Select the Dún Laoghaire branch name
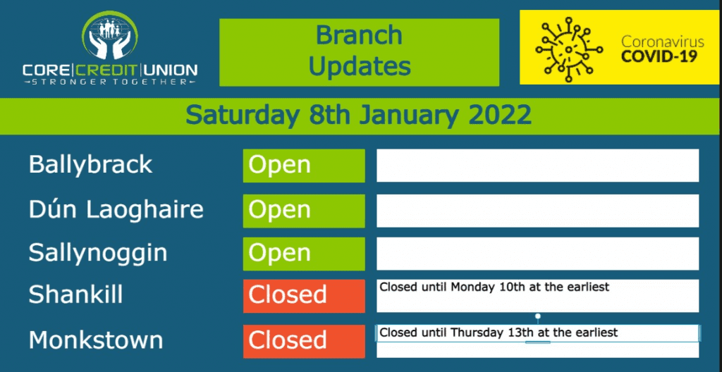point(116,210)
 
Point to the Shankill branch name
point(75,294)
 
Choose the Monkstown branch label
point(96,340)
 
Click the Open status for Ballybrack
point(304,166)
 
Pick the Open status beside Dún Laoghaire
point(304,211)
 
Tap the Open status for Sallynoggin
point(304,254)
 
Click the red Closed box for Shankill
point(304,296)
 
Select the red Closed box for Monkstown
point(304,341)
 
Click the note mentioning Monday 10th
point(494,287)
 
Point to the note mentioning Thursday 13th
point(498,332)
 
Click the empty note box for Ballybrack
point(537,166)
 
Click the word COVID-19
point(659,57)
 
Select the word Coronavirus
point(663,42)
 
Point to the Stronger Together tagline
point(110,82)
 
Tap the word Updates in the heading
point(359,66)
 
